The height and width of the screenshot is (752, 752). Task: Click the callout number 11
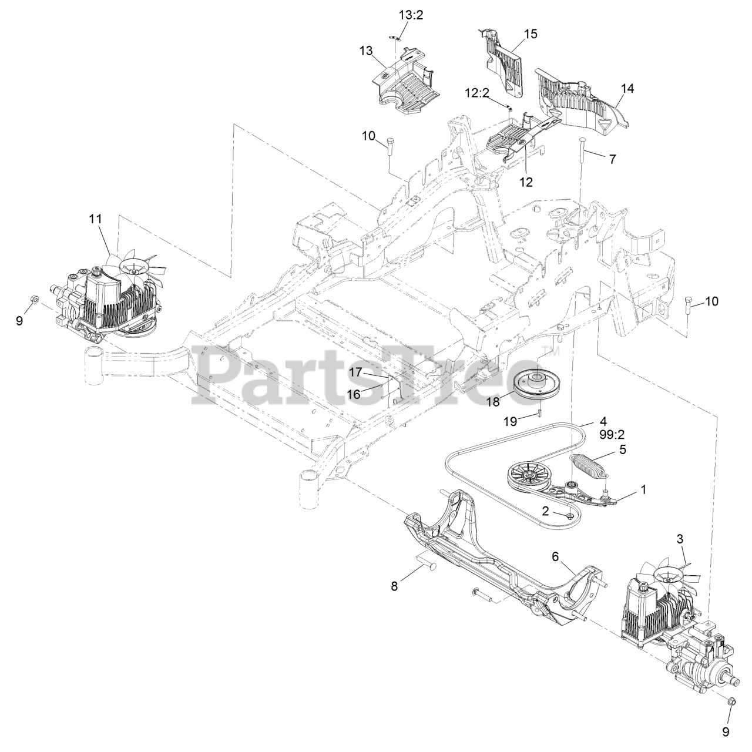95,219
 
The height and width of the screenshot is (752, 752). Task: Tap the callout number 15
530,34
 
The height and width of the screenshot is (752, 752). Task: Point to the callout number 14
627,88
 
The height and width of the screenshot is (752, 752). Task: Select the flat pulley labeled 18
536,385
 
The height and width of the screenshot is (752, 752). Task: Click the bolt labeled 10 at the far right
688,307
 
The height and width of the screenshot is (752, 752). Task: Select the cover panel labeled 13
405,82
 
